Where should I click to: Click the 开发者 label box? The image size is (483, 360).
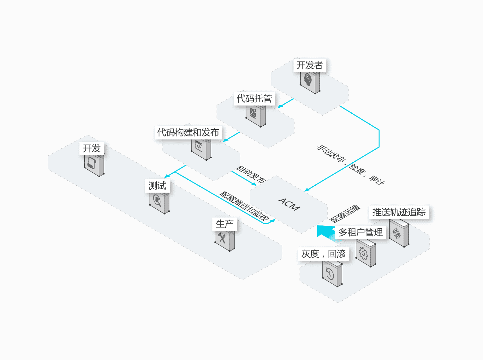[309, 65]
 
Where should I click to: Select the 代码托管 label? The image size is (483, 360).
[254, 99]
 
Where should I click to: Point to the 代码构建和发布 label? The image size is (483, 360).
[188, 132]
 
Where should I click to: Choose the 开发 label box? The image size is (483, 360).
[92, 148]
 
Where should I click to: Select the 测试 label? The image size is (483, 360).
[157, 186]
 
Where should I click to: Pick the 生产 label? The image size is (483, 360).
[224, 224]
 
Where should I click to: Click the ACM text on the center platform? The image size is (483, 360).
[289, 204]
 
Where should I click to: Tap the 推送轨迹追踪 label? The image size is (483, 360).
[399, 212]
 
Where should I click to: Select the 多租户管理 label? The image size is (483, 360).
[361, 232]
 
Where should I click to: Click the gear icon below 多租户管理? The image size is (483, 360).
[363, 254]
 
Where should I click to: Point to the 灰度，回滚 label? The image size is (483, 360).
[323, 254]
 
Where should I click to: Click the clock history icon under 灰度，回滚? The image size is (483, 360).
[330, 274]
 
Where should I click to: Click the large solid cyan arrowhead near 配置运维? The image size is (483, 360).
[325, 231]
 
